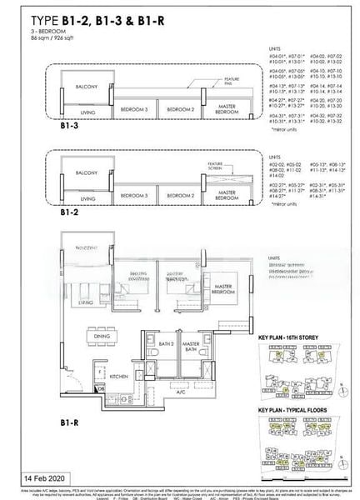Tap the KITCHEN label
point(117,377)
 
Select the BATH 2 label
point(166,343)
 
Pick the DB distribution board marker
point(100,388)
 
